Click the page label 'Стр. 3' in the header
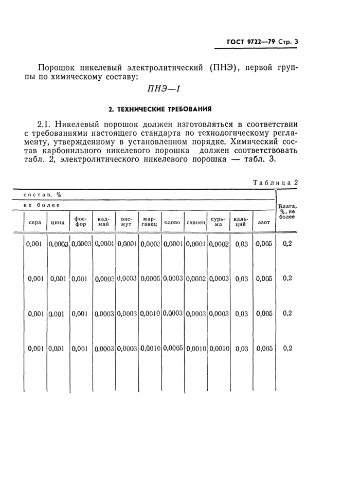click(286, 43)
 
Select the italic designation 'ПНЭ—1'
click(164, 88)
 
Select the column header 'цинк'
click(58, 223)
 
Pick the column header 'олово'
click(172, 223)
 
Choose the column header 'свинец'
click(195, 223)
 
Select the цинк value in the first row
click(58, 244)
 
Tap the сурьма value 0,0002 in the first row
click(219, 244)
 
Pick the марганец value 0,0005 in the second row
click(150, 279)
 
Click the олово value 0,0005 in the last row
click(173, 348)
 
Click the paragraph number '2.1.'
click(47, 124)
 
